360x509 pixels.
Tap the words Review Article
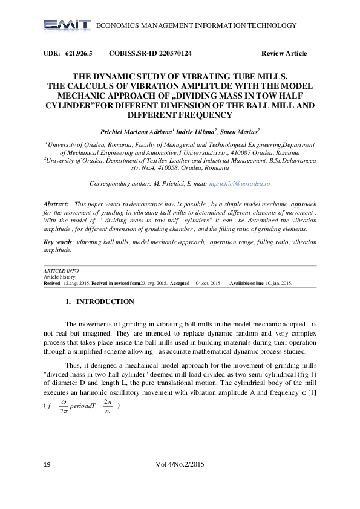284,54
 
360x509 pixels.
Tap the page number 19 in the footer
47,481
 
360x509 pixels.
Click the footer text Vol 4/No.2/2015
180,481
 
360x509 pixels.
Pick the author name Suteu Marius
240,131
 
